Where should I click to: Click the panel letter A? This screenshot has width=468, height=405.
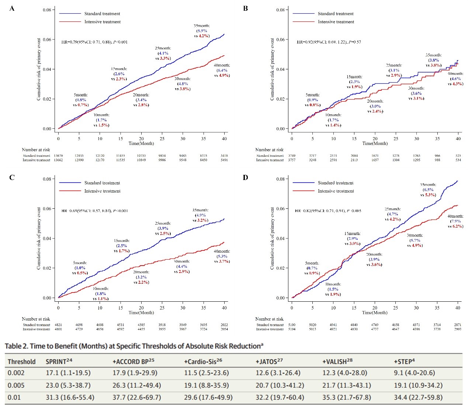point(12,8)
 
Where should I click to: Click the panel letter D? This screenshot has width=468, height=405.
point(245,177)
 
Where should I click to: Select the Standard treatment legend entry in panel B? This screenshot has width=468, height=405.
point(335,14)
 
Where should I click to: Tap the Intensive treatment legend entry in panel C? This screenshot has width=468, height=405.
point(102,191)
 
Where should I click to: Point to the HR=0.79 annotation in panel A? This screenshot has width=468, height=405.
point(94,42)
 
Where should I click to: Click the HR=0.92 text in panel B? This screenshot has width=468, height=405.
point(329,42)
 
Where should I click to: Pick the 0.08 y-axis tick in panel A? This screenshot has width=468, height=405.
point(47,10)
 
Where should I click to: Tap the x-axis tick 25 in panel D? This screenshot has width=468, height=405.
point(395,308)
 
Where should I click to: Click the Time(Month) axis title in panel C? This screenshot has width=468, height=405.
point(141,312)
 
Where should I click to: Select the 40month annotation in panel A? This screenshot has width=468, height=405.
point(222,70)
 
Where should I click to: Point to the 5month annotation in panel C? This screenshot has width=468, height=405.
point(80,268)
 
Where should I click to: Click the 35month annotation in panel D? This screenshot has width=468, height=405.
point(428,190)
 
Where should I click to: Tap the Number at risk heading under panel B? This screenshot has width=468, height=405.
point(269,150)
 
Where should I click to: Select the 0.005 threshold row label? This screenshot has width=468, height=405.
point(16,385)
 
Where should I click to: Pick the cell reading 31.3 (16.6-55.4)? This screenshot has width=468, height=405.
point(70,398)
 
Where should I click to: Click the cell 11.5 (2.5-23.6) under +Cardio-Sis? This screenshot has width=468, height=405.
point(206,373)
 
